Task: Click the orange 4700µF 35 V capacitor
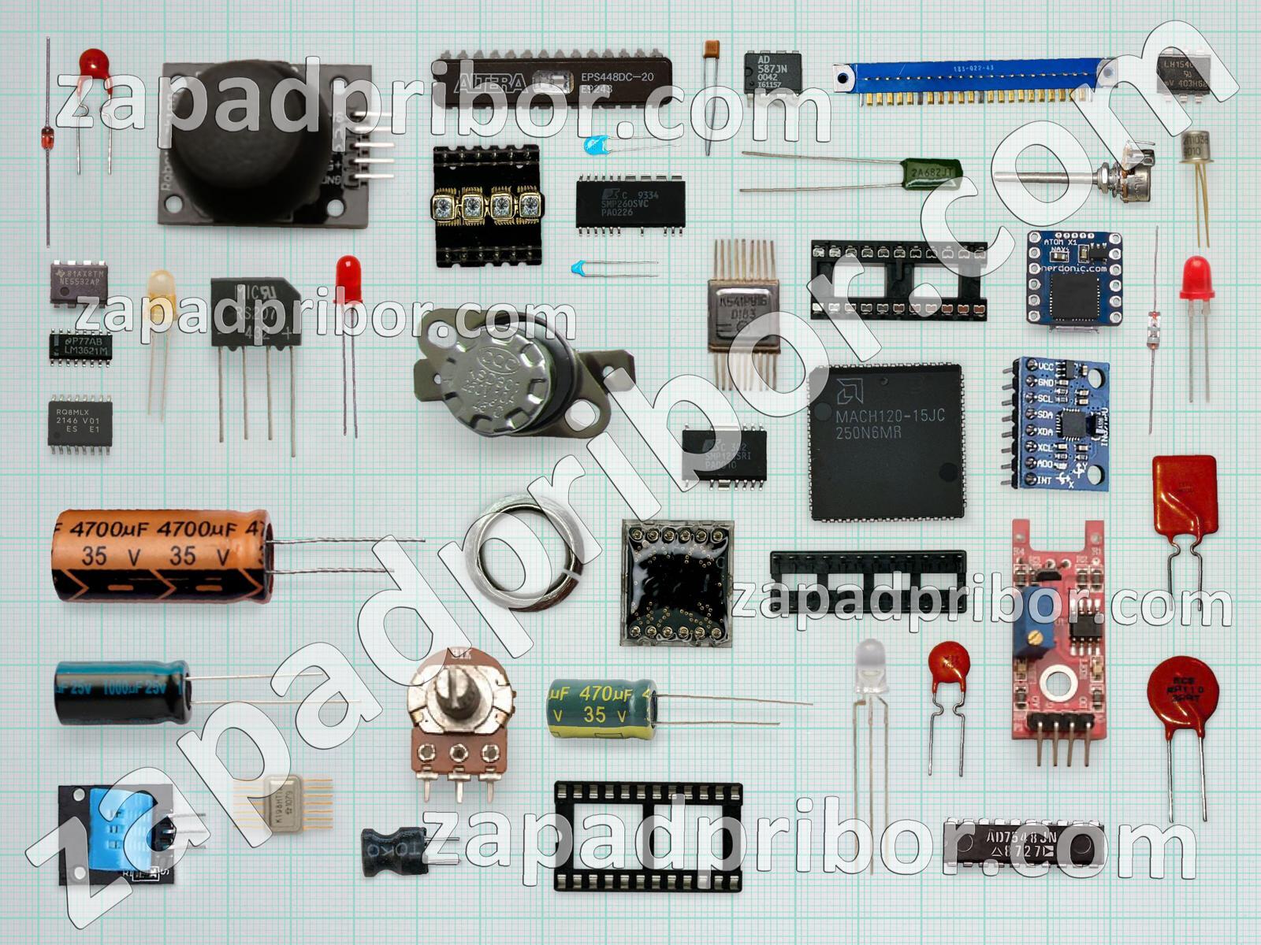coord(162,555)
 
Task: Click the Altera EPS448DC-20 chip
coord(552,81)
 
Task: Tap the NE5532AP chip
coord(79,283)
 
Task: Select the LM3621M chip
coord(80,346)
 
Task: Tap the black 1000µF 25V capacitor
coord(122,691)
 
